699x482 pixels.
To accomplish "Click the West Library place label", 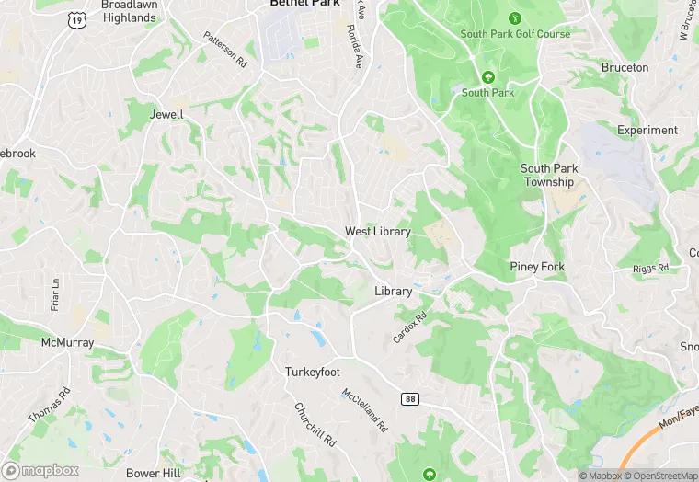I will (377, 231).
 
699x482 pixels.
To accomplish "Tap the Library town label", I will (393, 291).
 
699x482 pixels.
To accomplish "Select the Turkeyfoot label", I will (314, 372).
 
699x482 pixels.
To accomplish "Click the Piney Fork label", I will (537, 267).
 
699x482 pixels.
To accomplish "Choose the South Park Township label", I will (549, 175).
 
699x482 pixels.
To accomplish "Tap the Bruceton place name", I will (625, 67).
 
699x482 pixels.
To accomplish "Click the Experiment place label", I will (647, 130).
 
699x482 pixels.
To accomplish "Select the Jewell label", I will (166, 115).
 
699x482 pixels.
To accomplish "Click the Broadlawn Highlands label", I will (129, 11).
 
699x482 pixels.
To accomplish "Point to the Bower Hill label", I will (154, 473).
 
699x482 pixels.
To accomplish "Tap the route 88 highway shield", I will (409, 398).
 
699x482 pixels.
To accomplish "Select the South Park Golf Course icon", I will (515, 17).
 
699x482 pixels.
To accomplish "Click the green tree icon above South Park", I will (487, 76).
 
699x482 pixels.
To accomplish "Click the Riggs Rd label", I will (651, 269).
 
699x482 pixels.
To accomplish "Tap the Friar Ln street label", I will (56, 293).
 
